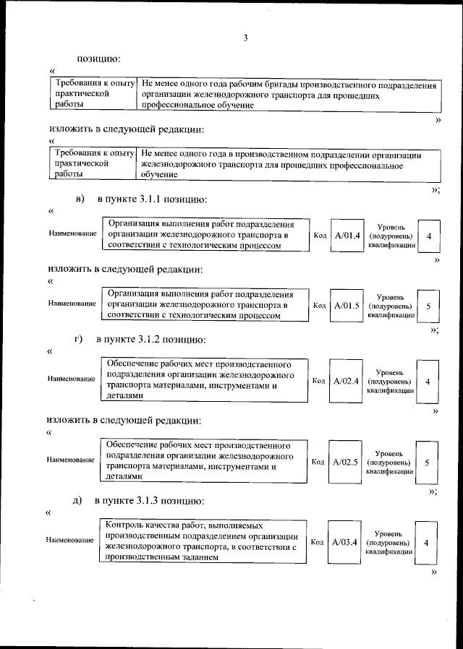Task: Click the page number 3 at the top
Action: click(x=245, y=38)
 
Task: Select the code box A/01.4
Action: click(x=346, y=236)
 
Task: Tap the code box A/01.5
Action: click(x=346, y=306)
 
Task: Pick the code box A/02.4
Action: click(x=346, y=380)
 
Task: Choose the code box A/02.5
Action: click(x=346, y=461)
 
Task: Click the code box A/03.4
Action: click(x=345, y=541)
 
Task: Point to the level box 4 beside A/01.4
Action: click(x=429, y=236)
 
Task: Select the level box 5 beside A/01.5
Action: click(x=428, y=306)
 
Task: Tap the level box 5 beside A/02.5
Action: click(x=428, y=462)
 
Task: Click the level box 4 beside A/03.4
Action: click(x=427, y=542)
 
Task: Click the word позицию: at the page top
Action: click(x=99, y=58)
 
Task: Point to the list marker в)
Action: click(x=80, y=199)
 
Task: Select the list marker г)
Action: click(x=80, y=339)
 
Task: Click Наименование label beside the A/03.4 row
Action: click(x=69, y=540)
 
